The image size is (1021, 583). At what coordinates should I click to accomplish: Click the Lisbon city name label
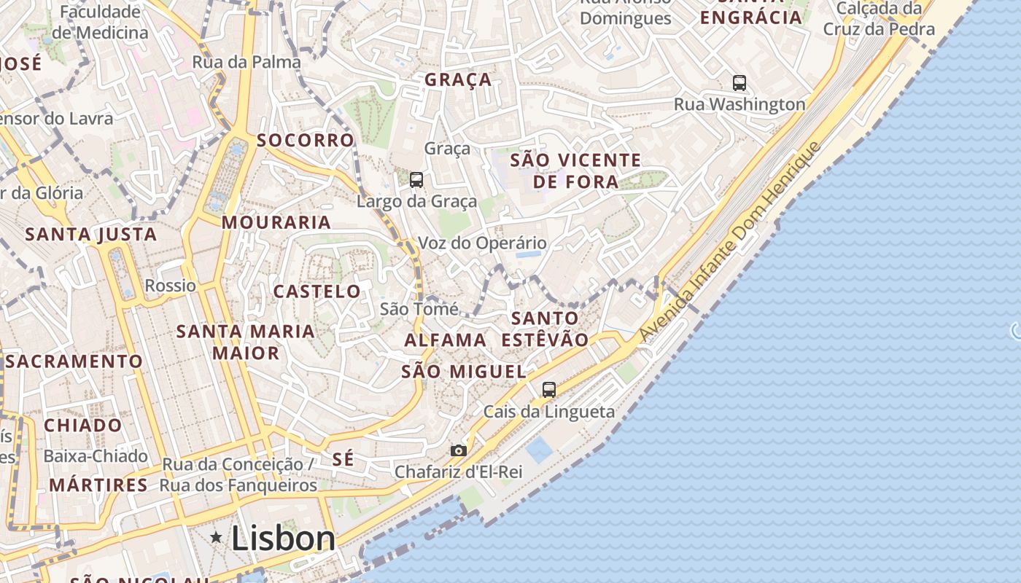click(283, 539)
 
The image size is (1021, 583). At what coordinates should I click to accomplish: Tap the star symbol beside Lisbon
click(216, 538)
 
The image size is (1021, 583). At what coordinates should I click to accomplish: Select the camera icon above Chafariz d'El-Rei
click(458, 450)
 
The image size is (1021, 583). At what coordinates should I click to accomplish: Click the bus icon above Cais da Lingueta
click(549, 390)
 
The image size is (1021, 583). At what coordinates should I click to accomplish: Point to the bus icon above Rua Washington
click(739, 83)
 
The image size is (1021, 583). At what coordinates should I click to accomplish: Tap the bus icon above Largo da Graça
click(416, 179)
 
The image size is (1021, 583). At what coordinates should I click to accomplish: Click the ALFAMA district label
click(446, 340)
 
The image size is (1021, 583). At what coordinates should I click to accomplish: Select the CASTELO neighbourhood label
click(317, 291)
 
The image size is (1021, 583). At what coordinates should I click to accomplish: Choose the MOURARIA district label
click(276, 222)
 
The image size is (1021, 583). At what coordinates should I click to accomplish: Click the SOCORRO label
click(306, 140)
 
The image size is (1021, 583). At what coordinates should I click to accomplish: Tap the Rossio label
click(171, 285)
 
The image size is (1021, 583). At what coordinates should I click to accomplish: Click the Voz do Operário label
click(482, 243)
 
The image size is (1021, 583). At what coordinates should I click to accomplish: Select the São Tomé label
click(419, 309)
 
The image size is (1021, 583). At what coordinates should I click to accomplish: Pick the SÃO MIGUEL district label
click(464, 372)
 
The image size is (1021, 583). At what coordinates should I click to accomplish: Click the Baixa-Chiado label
click(96, 456)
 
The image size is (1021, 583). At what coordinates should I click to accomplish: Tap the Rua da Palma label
click(246, 62)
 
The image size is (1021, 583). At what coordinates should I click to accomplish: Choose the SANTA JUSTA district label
click(91, 235)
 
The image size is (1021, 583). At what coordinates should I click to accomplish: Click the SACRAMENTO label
click(74, 361)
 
